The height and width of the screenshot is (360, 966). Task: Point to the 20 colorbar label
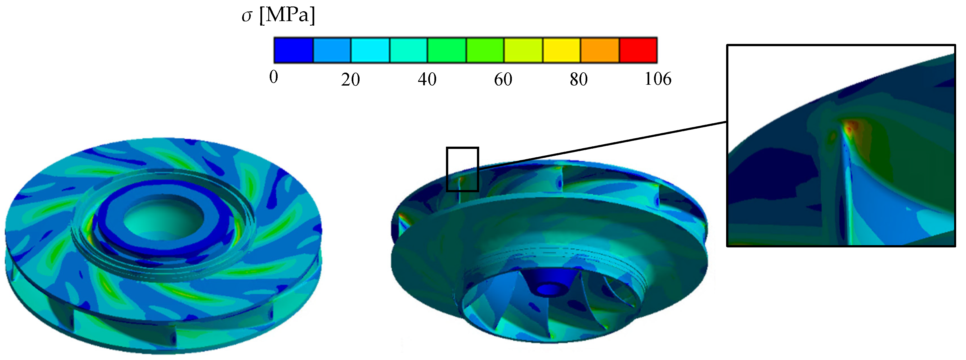(350, 79)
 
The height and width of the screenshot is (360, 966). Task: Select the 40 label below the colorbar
(427, 79)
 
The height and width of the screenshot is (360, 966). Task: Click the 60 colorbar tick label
(503, 79)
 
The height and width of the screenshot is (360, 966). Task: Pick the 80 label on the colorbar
(579, 79)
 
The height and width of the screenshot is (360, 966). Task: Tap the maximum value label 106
(658, 79)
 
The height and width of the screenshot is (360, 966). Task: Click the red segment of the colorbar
(638, 50)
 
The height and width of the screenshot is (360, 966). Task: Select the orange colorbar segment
(600, 50)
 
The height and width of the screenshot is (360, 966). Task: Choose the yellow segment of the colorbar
(561, 50)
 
